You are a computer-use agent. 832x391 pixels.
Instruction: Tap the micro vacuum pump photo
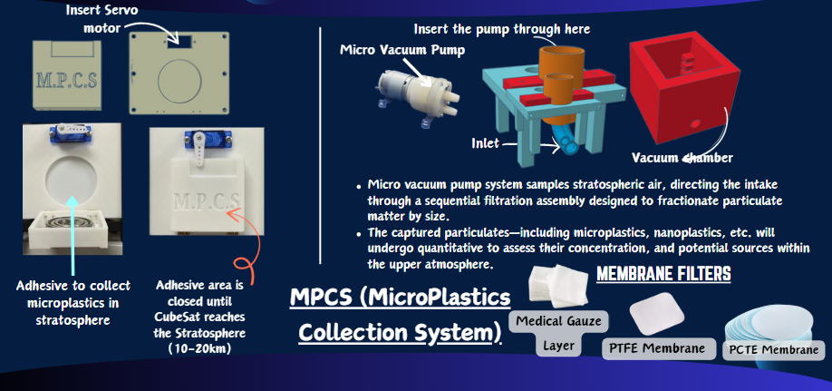(x=418, y=95)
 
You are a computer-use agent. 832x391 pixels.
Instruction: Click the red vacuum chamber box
(x=684, y=91)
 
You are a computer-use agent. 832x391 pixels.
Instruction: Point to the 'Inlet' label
(x=485, y=142)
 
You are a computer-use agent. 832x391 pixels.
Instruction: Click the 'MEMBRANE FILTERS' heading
(x=663, y=274)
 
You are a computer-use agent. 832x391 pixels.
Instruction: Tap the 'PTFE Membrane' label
(x=659, y=348)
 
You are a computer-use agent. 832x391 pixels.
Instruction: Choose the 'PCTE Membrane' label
(x=774, y=350)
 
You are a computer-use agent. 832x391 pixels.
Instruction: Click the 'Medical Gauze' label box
(x=558, y=321)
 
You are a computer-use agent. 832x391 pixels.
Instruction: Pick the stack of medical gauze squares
(x=558, y=285)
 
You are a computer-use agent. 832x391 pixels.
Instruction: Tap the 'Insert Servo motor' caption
(x=102, y=18)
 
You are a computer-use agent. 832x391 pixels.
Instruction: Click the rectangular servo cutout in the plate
(x=179, y=43)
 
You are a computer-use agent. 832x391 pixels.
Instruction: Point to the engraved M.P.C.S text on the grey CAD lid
(x=66, y=81)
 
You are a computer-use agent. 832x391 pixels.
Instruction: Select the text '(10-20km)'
(x=199, y=349)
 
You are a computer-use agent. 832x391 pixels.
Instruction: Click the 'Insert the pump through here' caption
(x=501, y=28)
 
